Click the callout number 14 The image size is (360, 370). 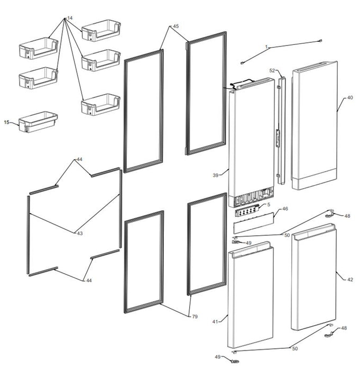click(70, 18)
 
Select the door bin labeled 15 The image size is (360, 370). click(38, 122)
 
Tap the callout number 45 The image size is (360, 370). click(176, 26)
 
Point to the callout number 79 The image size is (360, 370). click(195, 317)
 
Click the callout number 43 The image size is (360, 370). click(80, 233)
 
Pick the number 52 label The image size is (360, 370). click(272, 70)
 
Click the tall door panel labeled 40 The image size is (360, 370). click(315, 125)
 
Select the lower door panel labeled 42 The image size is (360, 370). click(314, 277)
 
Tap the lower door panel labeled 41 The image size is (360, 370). click(251, 295)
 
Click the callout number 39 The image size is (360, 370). click(216, 175)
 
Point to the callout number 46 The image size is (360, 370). click(285, 209)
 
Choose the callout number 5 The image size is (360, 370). click(269, 205)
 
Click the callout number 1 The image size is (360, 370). click(266, 47)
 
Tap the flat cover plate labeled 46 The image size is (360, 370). click(254, 223)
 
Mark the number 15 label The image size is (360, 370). click(7, 122)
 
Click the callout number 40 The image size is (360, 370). click(350, 97)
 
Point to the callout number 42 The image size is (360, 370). click(350, 280)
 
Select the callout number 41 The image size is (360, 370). click(215, 321)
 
